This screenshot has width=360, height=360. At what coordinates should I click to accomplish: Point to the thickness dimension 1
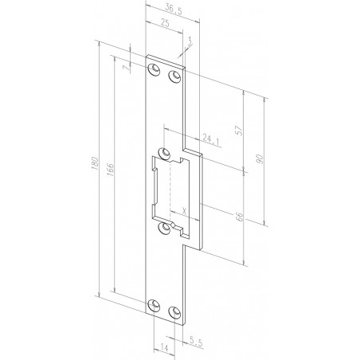[x=190, y=40]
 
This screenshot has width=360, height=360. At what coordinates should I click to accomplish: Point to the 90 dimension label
[x=260, y=159]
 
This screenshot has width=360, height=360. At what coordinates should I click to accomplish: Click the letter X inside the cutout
[x=184, y=211]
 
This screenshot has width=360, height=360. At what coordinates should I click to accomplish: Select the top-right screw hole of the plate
[x=174, y=76]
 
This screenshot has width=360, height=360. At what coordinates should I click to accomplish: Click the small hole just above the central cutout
[x=165, y=152]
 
